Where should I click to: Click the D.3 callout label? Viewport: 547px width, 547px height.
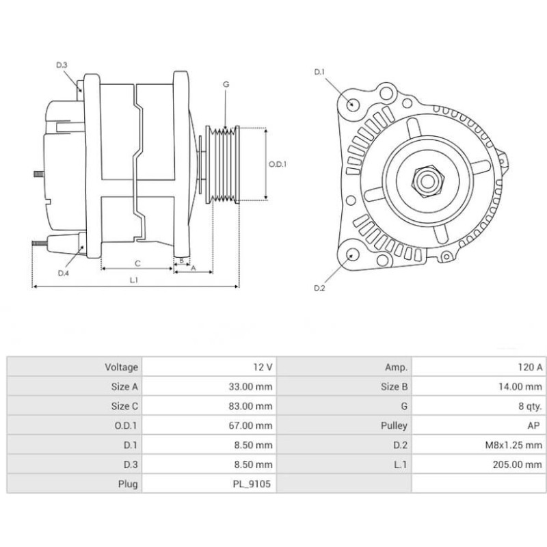click(x=62, y=65)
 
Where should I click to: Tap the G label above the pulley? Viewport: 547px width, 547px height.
click(x=226, y=84)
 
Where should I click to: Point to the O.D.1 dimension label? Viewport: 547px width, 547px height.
click(x=277, y=164)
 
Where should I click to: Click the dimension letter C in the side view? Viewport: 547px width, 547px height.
click(x=137, y=263)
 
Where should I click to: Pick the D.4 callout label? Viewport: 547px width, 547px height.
click(x=63, y=273)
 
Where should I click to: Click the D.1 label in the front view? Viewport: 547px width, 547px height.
click(x=319, y=72)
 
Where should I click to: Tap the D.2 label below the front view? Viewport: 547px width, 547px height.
click(x=319, y=289)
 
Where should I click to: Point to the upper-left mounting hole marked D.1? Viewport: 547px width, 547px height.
click(x=353, y=105)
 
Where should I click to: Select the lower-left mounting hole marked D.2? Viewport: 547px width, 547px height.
click(x=353, y=254)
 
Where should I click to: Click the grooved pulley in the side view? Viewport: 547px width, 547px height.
click(x=223, y=164)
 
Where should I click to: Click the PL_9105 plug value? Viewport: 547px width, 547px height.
click(x=255, y=484)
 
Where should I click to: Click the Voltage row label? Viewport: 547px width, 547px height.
click(x=121, y=367)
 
